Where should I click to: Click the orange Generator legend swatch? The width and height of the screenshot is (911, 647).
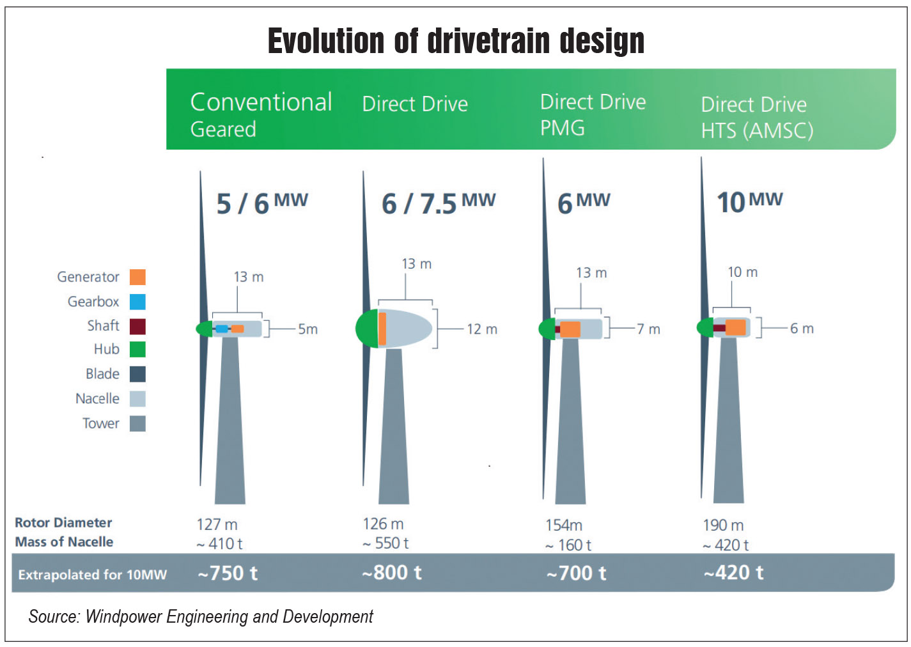[137, 277]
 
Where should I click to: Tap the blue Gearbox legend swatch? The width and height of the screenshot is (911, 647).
[137, 302]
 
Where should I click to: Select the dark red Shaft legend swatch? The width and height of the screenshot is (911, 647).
[137, 326]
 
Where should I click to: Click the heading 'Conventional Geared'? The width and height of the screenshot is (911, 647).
[261, 115]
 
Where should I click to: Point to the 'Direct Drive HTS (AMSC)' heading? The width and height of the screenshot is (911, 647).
[756, 118]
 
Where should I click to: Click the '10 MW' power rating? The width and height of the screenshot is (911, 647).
[749, 202]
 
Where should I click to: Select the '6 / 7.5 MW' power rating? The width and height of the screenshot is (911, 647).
[438, 203]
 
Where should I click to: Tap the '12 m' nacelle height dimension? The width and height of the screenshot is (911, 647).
[481, 329]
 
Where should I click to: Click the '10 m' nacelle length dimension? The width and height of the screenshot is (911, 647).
[742, 272]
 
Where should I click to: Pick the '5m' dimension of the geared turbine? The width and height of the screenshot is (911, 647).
[308, 329]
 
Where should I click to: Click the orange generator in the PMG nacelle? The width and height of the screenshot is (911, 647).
[570, 329]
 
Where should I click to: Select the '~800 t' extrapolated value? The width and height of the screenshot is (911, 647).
[391, 573]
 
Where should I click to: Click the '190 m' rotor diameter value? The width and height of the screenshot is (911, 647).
[723, 526]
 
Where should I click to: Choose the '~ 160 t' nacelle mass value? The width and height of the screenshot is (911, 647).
[568, 545]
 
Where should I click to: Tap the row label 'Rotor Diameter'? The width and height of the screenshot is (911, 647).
[63, 523]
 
